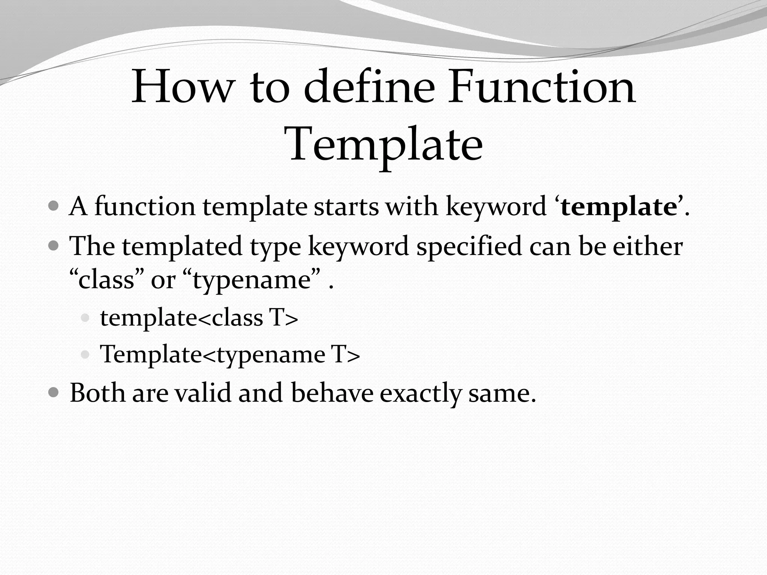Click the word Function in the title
[x=542, y=87]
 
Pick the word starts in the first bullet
[x=346, y=207]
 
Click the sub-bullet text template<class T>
[x=199, y=318]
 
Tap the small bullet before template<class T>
[x=85, y=319]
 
